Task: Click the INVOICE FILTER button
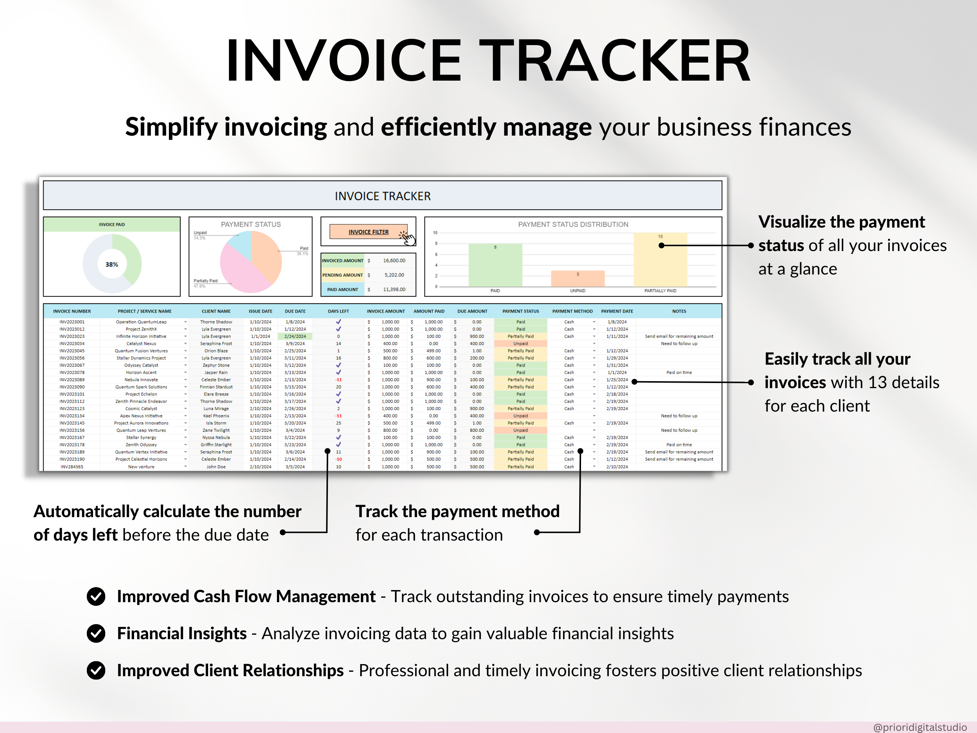click(x=369, y=232)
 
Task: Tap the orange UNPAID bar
click(x=577, y=279)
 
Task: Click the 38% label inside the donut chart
click(x=112, y=264)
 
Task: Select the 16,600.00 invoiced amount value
click(x=394, y=261)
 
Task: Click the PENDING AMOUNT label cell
click(x=342, y=275)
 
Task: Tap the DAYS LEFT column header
click(x=338, y=311)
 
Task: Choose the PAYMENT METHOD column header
click(x=573, y=311)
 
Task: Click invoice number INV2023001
click(x=72, y=322)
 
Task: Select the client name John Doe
click(x=216, y=467)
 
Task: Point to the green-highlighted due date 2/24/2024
click(x=295, y=336)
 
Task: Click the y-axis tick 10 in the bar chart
click(x=435, y=233)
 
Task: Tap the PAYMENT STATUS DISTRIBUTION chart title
click(x=573, y=224)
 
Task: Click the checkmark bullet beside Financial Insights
click(x=96, y=634)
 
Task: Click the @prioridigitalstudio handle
click(x=919, y=727)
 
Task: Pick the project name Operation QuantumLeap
click(x=141, y=322)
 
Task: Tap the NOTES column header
click(x=679, y=311)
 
